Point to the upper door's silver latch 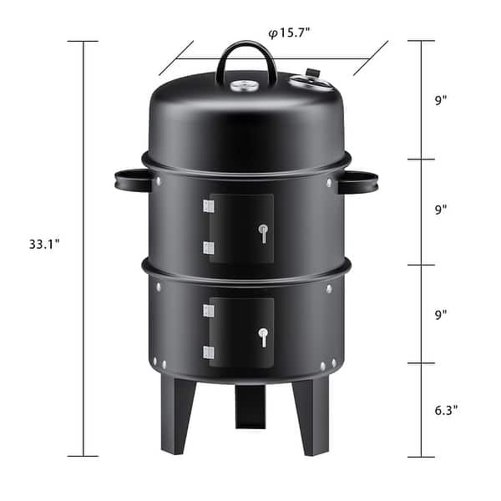(x=263, y=233)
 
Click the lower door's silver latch (x=263, y=337)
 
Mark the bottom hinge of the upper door (x=209, y=247)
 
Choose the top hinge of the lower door (x=209, y=311)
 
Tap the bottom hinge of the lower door (x=209, y=352)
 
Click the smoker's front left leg (x=177, y=413)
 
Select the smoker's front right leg (x=303, y=415)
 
